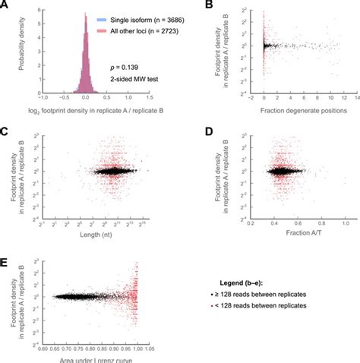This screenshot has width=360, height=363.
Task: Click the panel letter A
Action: [x=5, y=5]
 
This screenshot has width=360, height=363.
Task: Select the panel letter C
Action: [x=5, y=131]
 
